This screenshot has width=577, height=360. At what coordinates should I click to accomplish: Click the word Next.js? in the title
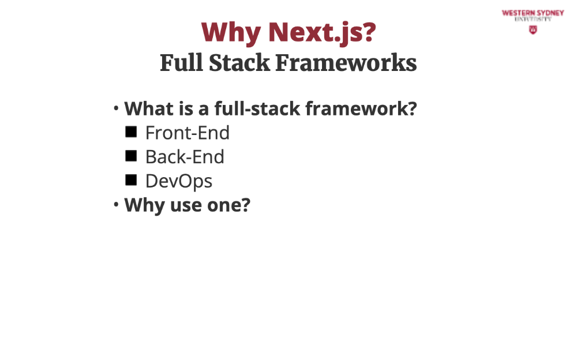pos(323,32)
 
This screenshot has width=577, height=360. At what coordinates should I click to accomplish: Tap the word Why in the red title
pos(231,33)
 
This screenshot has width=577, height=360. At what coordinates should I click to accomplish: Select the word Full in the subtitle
pos(181,62)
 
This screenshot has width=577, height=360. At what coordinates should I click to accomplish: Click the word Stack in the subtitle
pos(239,62)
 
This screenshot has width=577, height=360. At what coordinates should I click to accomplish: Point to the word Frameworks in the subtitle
pos(346,62)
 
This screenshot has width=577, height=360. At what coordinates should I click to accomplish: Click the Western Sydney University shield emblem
pos(533,30)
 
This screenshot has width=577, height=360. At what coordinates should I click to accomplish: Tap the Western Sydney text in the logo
pos(533,13)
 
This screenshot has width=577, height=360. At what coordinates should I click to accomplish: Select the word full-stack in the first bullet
pos(257,108)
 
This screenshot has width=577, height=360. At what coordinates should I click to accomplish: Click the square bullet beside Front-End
pos(131,132)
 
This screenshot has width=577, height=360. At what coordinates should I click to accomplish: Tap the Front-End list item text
pos(188,133)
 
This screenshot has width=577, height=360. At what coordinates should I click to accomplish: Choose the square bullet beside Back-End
pos(131,156)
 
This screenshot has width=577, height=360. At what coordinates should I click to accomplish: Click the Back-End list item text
pos(185,157)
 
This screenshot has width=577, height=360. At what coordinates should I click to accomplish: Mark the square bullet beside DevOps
pos(131,180)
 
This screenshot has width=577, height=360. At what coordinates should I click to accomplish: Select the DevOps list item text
pos(179,182)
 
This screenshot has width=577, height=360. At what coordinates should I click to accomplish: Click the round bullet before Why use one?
pos(116,204)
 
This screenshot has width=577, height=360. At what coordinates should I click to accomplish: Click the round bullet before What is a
pos(116,108)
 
